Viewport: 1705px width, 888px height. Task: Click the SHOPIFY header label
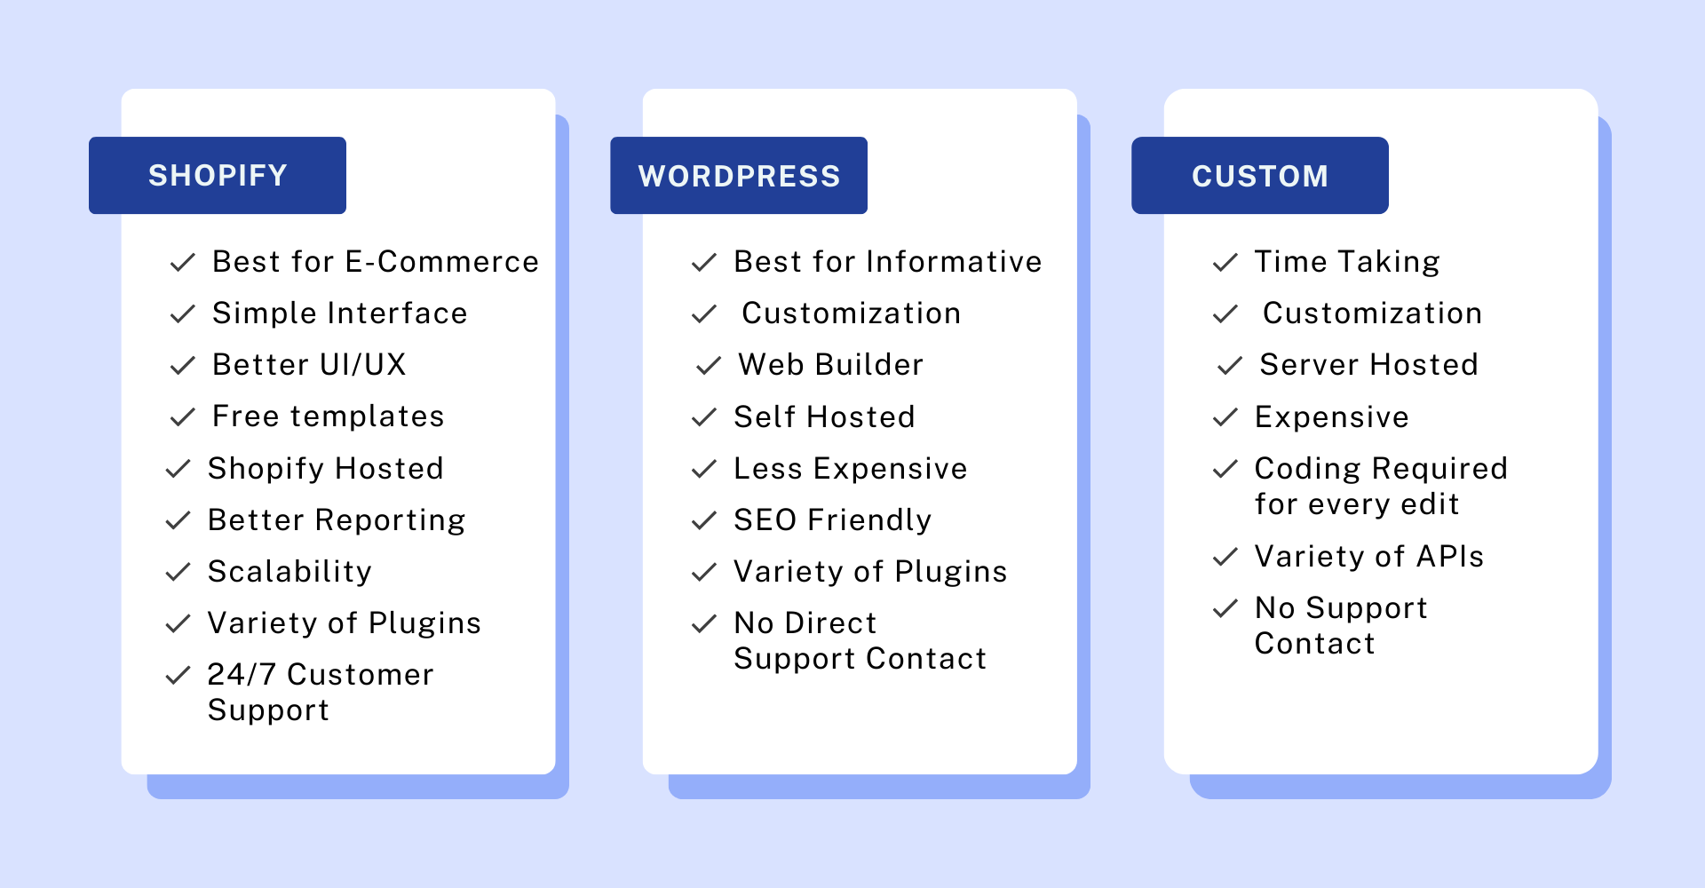[x=218, y=176]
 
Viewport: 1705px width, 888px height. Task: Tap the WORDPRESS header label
[x=739, y=176]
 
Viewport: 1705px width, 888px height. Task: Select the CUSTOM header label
[x=1260, y=176]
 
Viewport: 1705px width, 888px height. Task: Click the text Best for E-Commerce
[x=376, y=262]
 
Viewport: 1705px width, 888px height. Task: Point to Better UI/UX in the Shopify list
[x=309, y=364]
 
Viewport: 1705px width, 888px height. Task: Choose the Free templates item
[x=329, y=416]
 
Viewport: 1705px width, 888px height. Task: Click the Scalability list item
[x=289, y=572]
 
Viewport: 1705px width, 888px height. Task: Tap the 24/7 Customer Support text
[x=321, y=692]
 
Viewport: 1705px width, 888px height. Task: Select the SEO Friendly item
[x=833, y=520]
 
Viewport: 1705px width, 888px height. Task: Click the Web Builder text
[x=831, y=364]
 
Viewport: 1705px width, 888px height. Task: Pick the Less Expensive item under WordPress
[x=851, y=469]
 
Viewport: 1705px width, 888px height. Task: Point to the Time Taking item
[x=1347, y=262]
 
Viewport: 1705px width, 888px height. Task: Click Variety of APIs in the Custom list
[x=1369, y=557]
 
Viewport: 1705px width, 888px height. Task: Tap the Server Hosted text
[x=1369, y=364]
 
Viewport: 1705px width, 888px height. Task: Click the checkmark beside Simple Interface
[x=183, y=314]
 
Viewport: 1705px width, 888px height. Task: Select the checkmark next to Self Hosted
[x=704, y=417]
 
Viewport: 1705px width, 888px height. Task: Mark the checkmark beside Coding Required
[x=1225, y=469]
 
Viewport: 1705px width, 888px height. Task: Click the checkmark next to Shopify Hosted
[x=178, y=469]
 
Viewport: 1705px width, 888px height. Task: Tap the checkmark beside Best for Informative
[x=704, y=263]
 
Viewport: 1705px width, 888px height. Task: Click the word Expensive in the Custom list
[x=1332, y=417]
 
